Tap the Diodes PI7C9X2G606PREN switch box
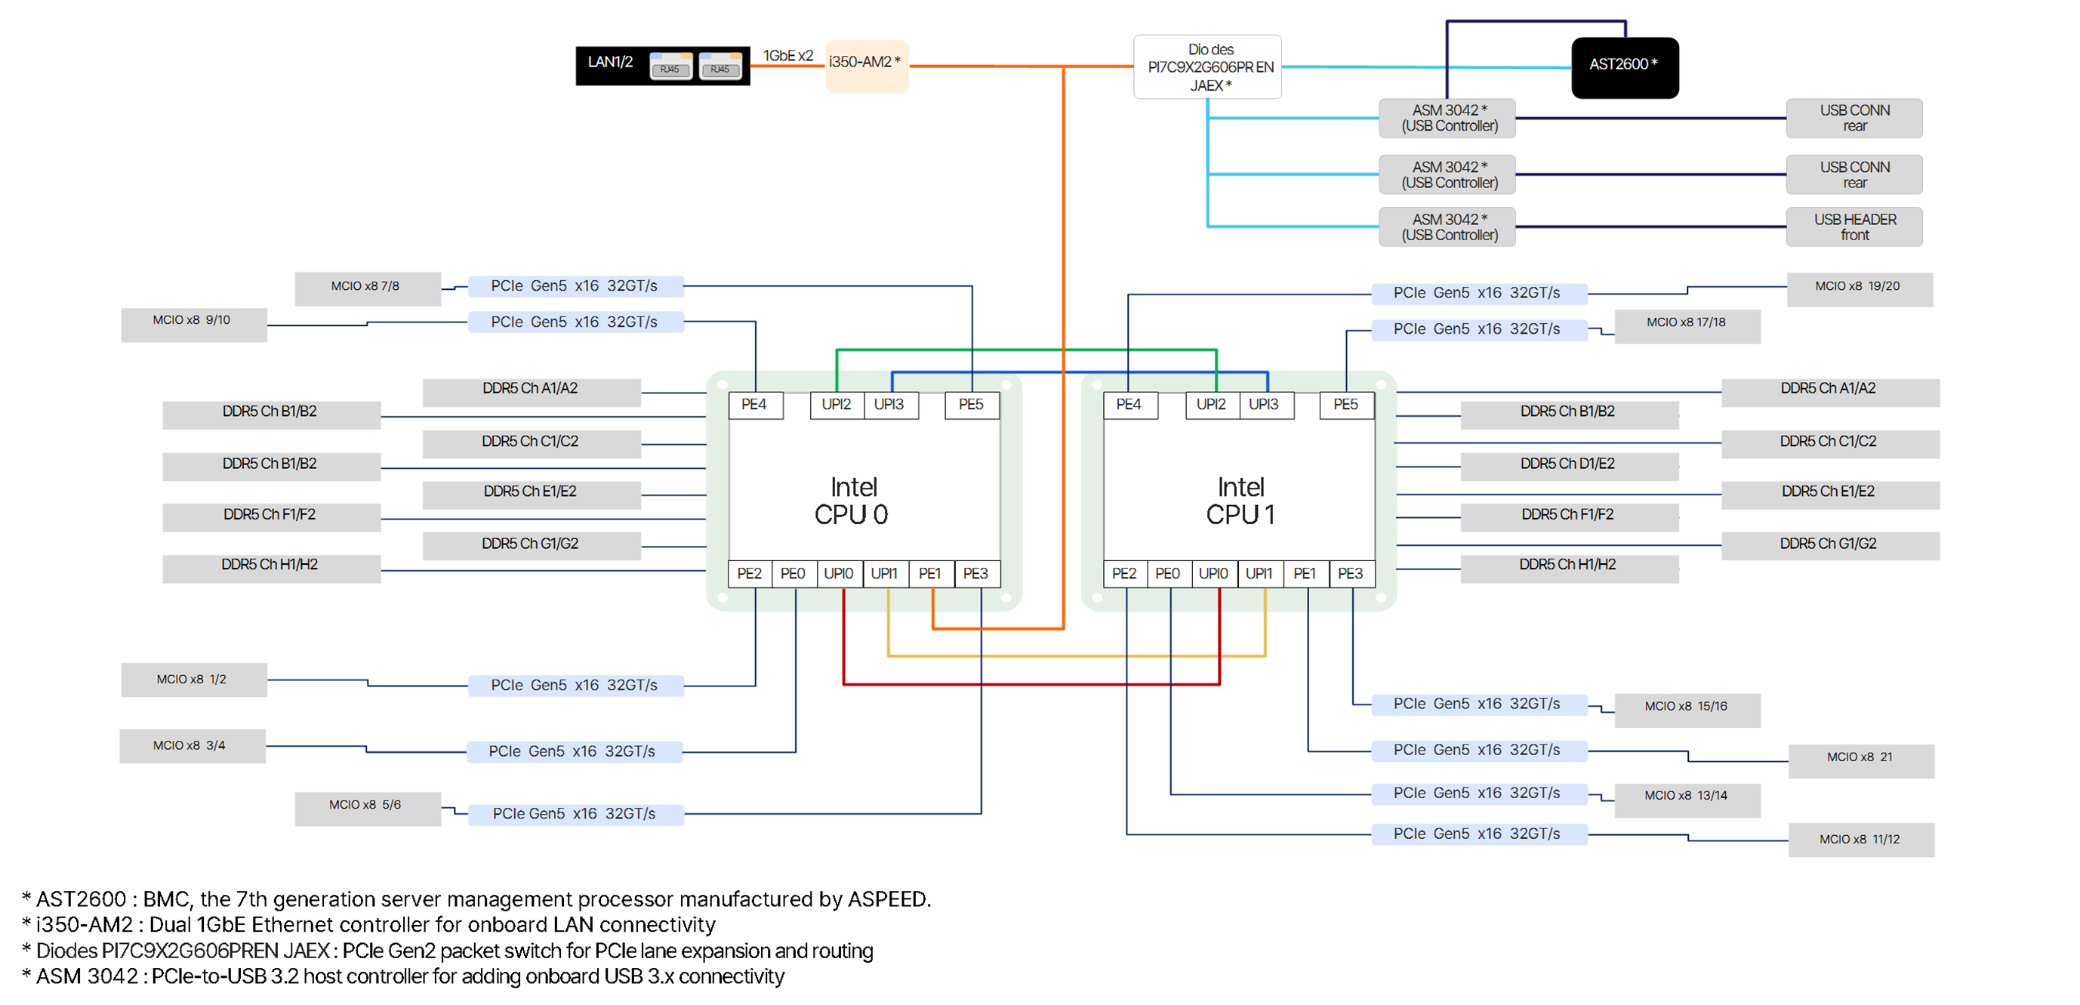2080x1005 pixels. [x=1207, y=67]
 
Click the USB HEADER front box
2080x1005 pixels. [x=1854, y=227]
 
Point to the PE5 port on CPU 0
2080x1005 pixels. [x=971, y=405]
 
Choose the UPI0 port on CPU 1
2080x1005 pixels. [x=1213, y=573]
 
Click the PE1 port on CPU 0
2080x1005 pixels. [x=929, y=573]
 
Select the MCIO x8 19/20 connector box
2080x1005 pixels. [x=1858, y=288]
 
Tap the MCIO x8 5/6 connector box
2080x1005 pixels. [x=365, y=806]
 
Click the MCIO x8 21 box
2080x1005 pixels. [x=1860, y=758]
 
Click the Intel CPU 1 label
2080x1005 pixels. [x=1240, y=501]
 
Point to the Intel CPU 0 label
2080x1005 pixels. [x=852, y=501]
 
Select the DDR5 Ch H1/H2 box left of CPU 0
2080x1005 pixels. [x=270, y=566]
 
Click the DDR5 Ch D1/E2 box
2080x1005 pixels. [x=1567, y=465]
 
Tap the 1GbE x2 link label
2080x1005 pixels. [x=788, y=56]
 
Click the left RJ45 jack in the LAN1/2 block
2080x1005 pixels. [x=670, y=67]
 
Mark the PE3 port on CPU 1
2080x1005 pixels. [x=1350, y=573]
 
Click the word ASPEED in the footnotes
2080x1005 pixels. [x=888, y=899]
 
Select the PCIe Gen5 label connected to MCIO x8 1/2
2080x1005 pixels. [x=574, y=686]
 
